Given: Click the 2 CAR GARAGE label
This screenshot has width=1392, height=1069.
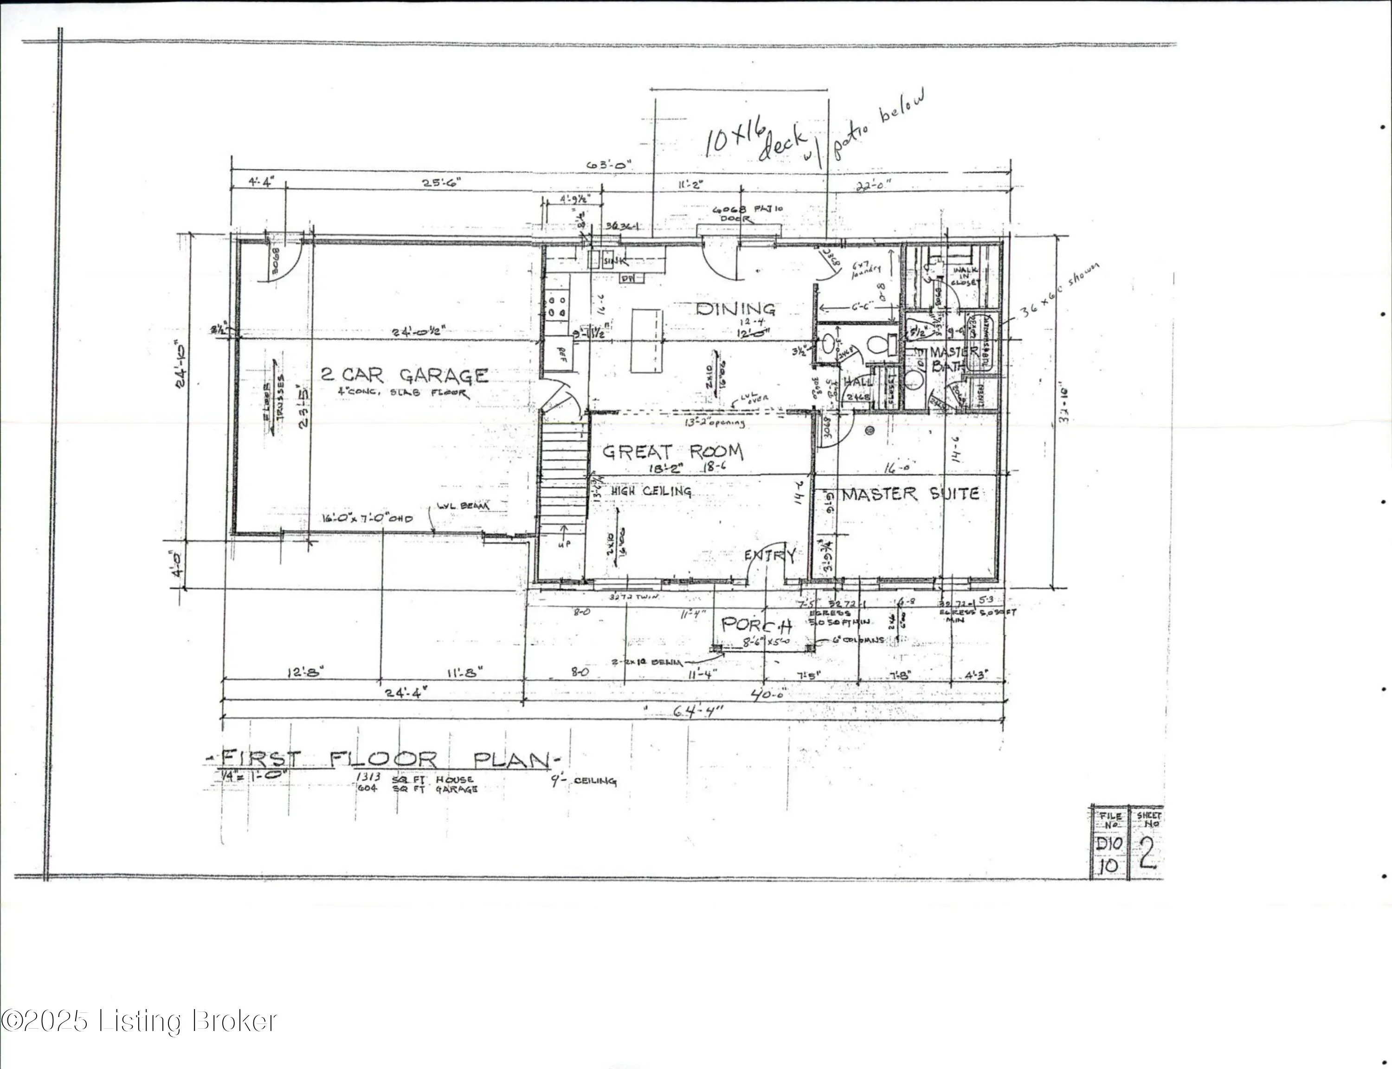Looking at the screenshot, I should [405, 375].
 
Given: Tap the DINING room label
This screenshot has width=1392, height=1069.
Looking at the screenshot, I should [735, 309].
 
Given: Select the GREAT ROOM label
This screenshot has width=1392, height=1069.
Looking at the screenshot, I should [672, 452].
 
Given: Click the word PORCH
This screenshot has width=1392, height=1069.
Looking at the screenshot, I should [756, 625].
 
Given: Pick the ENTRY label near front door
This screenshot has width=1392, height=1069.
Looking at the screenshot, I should [770, 555].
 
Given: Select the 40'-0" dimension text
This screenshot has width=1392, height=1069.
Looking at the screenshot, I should [768, 694].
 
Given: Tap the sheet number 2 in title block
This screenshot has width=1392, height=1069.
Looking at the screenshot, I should [1147, 854].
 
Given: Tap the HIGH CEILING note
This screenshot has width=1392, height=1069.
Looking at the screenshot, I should [651, 491].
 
